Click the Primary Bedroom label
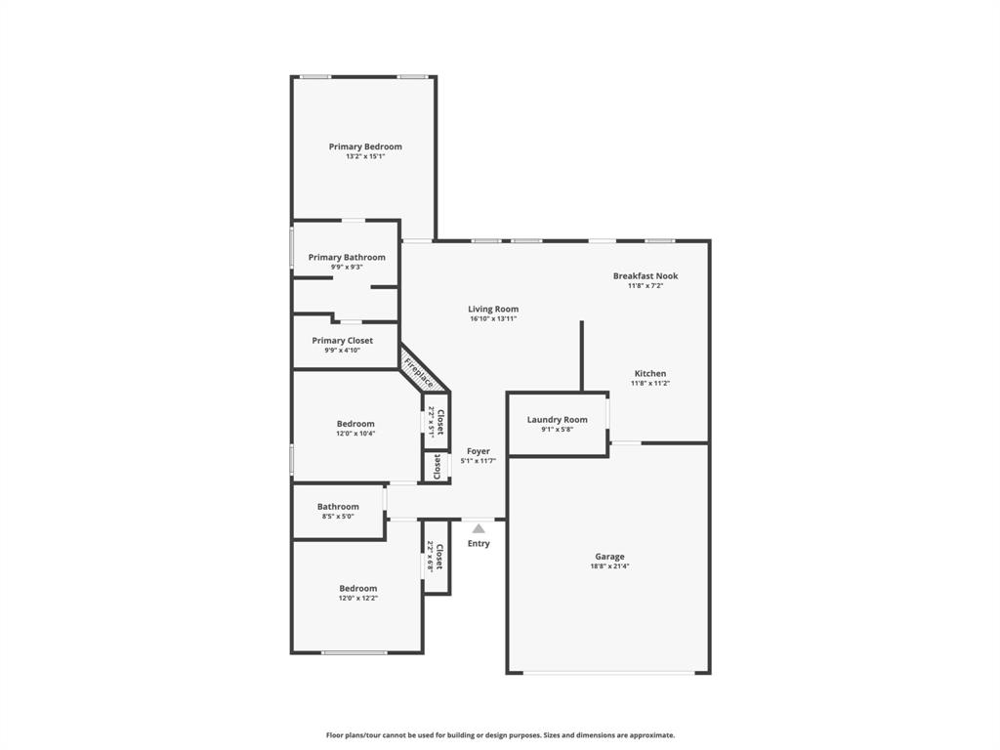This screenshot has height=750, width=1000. [364, 146]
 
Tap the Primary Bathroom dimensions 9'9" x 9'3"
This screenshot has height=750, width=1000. [347, 267]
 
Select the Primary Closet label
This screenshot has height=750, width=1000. [342, 341]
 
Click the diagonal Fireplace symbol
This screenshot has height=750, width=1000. [419, 371]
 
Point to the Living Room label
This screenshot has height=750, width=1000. [492, 309]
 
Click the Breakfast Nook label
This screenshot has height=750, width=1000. [645, 276]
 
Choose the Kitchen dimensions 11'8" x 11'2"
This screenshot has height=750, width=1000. [650, 384]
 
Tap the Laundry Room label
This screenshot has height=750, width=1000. [557, 420]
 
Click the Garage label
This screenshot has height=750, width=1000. [609, 557]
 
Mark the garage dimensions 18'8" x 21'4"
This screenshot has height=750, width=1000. [609, 566]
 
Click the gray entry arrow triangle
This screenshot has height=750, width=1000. [479, 528]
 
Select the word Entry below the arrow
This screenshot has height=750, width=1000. [479, 544]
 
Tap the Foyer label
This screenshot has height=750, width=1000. [479, 451]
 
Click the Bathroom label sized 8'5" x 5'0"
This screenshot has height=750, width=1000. [338, 507]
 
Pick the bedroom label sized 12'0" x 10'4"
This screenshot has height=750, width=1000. [355, 424]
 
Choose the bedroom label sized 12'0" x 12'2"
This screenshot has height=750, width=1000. [357, 589]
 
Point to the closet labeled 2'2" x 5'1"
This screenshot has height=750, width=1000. [437, 422]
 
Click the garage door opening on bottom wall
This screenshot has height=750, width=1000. [608, 673]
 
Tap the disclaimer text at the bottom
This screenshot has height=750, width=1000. [500, 735]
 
